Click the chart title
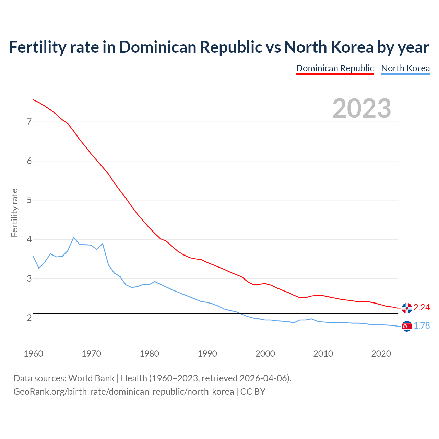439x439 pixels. click(x=219, y=47)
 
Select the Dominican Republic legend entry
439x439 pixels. click(x=335, y=68)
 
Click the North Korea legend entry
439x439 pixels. click(x=405, y=68)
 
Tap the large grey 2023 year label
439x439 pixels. click(x=362, y=108)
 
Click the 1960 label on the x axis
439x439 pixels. click(x=33, y=354)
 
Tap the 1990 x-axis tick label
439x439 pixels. click(x=207, y=354)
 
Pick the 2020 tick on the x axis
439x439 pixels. click(x=381, y=354)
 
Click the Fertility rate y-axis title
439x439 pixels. click(x=14, y=213)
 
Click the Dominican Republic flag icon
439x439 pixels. click(x=407, y=308)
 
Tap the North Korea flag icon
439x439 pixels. click(x=407, y=326)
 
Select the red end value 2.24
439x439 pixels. click(x=422, y=308)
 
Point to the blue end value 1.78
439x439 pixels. click(x=422, y=326)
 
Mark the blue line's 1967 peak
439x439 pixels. click(x=74, y=237)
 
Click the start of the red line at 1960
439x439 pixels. click(x=33, y=100)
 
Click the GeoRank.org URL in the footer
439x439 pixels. click(x=123, y=392)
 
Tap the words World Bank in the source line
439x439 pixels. click(x=91, y=378)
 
